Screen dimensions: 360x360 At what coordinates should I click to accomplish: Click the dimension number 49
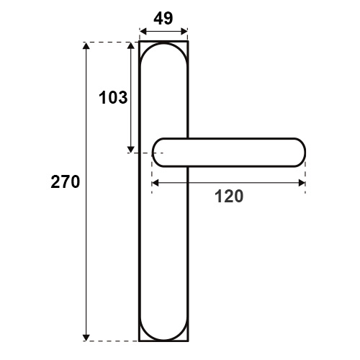163,19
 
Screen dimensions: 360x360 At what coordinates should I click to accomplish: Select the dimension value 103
113,98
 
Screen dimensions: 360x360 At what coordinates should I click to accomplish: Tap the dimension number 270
66,182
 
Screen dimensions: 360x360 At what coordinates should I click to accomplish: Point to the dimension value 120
229,197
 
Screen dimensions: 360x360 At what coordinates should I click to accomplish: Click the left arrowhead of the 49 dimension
143,32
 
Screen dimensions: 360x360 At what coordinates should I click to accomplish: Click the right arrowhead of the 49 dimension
184,32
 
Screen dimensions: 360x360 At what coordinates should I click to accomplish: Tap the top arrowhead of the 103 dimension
130,45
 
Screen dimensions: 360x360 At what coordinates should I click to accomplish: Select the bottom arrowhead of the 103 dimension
130,149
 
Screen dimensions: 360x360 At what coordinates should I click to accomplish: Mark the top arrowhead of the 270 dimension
86,45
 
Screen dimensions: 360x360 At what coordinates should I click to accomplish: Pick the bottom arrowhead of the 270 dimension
86,338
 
